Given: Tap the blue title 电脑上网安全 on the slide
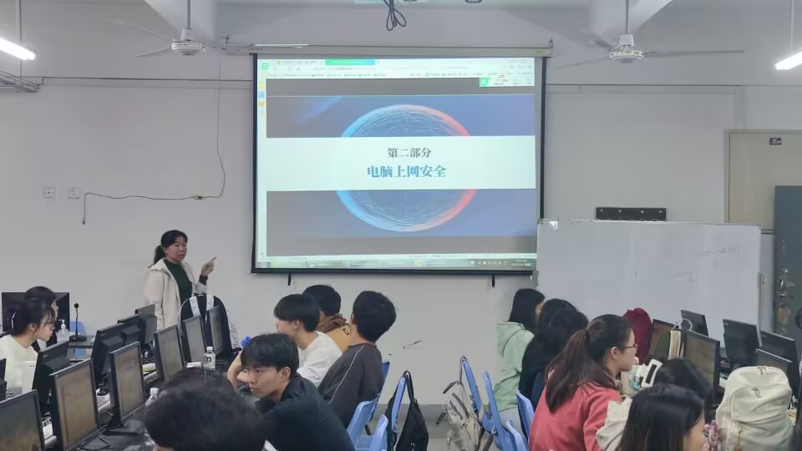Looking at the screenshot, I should click(406, 171).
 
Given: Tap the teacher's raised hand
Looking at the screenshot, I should click(208, 266).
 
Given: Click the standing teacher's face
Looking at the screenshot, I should click(177, 249).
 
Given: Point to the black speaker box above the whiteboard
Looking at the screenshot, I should click(630, 214).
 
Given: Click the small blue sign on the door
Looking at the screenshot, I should click(774, 141).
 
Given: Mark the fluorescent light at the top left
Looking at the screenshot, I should click(17, 49).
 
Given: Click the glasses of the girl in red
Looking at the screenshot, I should click(628, 346).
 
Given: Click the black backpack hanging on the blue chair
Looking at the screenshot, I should click(409, 417).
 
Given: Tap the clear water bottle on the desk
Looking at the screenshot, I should click(209, 359).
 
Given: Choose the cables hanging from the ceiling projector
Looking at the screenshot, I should click(394, 15).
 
